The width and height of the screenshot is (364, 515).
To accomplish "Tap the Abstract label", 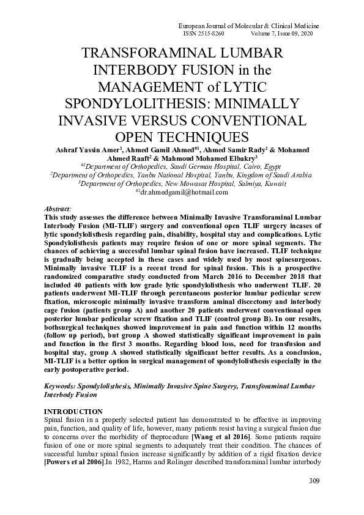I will tap(59, 209).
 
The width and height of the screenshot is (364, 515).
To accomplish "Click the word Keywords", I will tap(64, 387).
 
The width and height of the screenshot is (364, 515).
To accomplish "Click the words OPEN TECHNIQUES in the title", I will tap(182, 134).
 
